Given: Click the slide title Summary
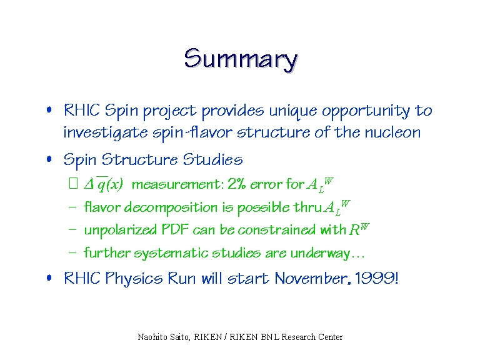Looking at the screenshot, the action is coord(241,60).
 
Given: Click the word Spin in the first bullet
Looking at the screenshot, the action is coord(121,111).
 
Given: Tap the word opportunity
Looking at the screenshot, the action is coord(366,111).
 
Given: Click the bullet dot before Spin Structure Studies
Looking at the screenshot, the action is coord(49,159).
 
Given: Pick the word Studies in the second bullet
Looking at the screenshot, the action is coord(212,159).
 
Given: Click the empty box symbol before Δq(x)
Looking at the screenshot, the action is coord(73,183).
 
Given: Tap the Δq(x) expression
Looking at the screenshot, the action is coord(104,184).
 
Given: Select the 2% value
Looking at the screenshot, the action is coord(236,184).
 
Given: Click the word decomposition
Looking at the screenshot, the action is coord(171,208).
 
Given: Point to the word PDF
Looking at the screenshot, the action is coord(175,229).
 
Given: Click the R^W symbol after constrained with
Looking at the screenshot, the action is coord(359,229).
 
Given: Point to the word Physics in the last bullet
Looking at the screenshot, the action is coord(134,279).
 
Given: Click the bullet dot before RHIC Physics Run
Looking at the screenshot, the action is coord(49,277).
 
